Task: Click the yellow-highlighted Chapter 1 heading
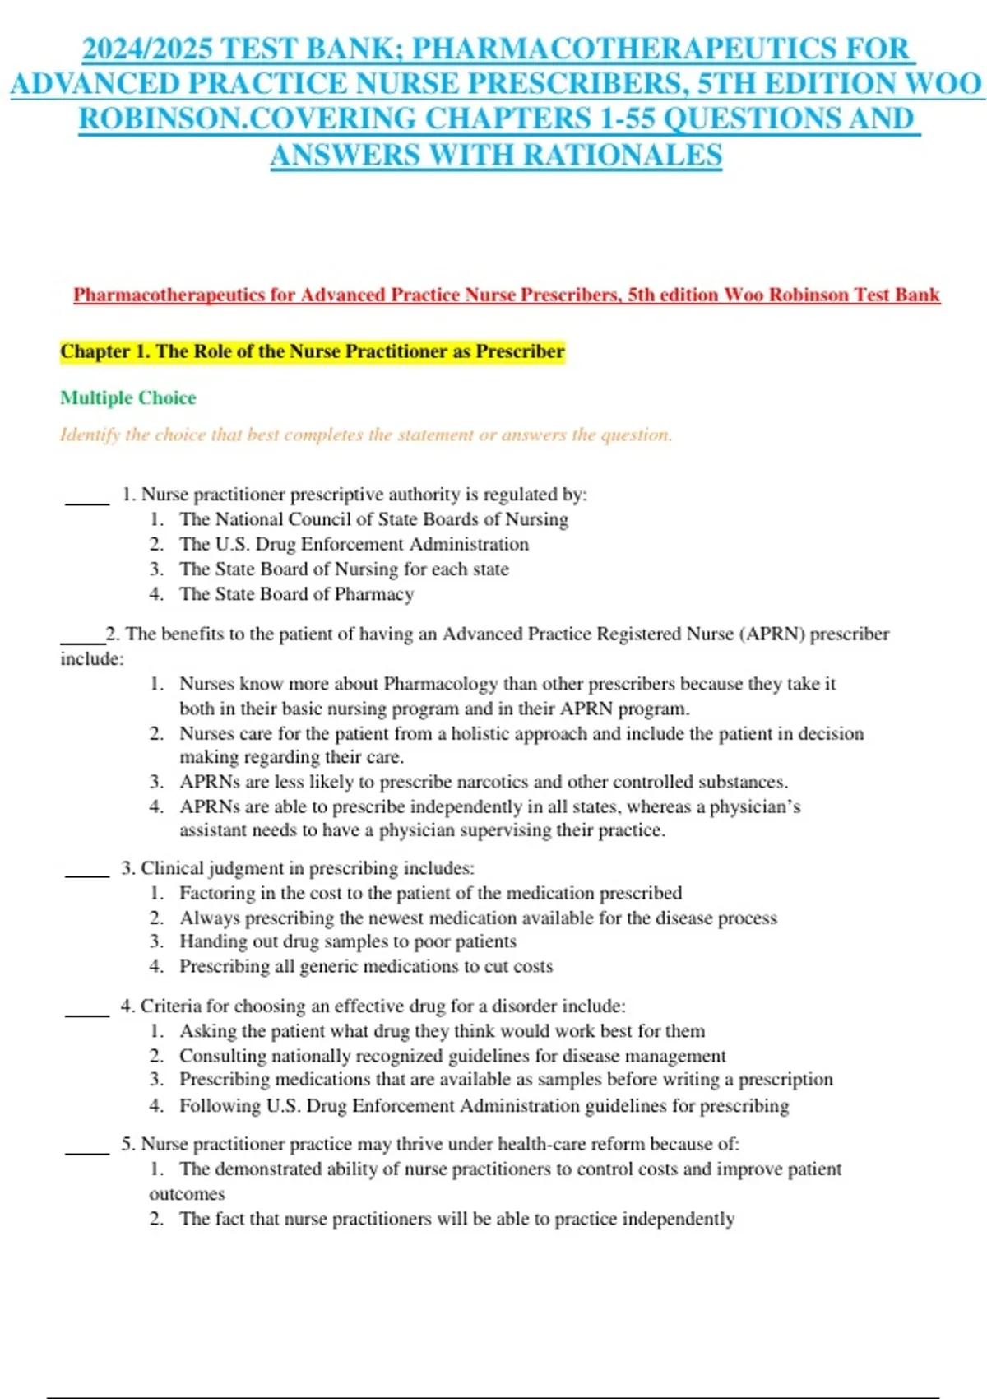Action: (x=313, y=351)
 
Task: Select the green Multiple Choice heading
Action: (x=128, y=397)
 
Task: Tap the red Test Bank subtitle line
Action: (x=506, y=295)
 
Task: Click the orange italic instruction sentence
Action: (x=366, y=435)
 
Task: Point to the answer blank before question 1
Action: (x=87, y=501)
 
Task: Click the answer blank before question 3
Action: (x=87, y=875)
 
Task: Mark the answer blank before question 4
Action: (x=87, y=1013)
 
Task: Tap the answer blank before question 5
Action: (x=87, y=1151)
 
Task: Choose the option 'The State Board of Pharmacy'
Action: (x=296, y=594)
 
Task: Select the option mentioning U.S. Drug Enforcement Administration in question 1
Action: (x=354, y=544)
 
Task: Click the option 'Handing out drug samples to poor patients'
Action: (x=348, y=941)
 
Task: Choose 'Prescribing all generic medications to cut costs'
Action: (x=366, y=966)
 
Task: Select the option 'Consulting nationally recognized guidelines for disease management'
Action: (x=452, y=1056)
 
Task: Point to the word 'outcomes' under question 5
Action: (x=187, y=1194)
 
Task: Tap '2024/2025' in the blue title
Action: (x=146, y=49)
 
